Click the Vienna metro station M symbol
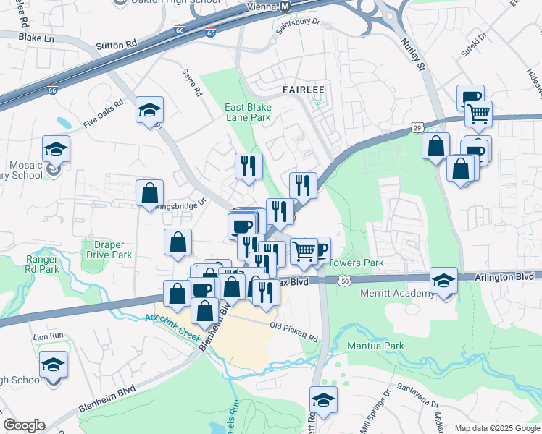coord(285,6)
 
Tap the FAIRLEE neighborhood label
coord(302,89)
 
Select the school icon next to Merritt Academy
coord(443,281)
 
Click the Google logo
coord(24,425)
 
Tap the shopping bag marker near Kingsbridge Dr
coord(149,193)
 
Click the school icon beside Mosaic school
coord(56,148)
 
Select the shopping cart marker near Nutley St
coord(478,114)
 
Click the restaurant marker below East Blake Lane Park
coord(249,166)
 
